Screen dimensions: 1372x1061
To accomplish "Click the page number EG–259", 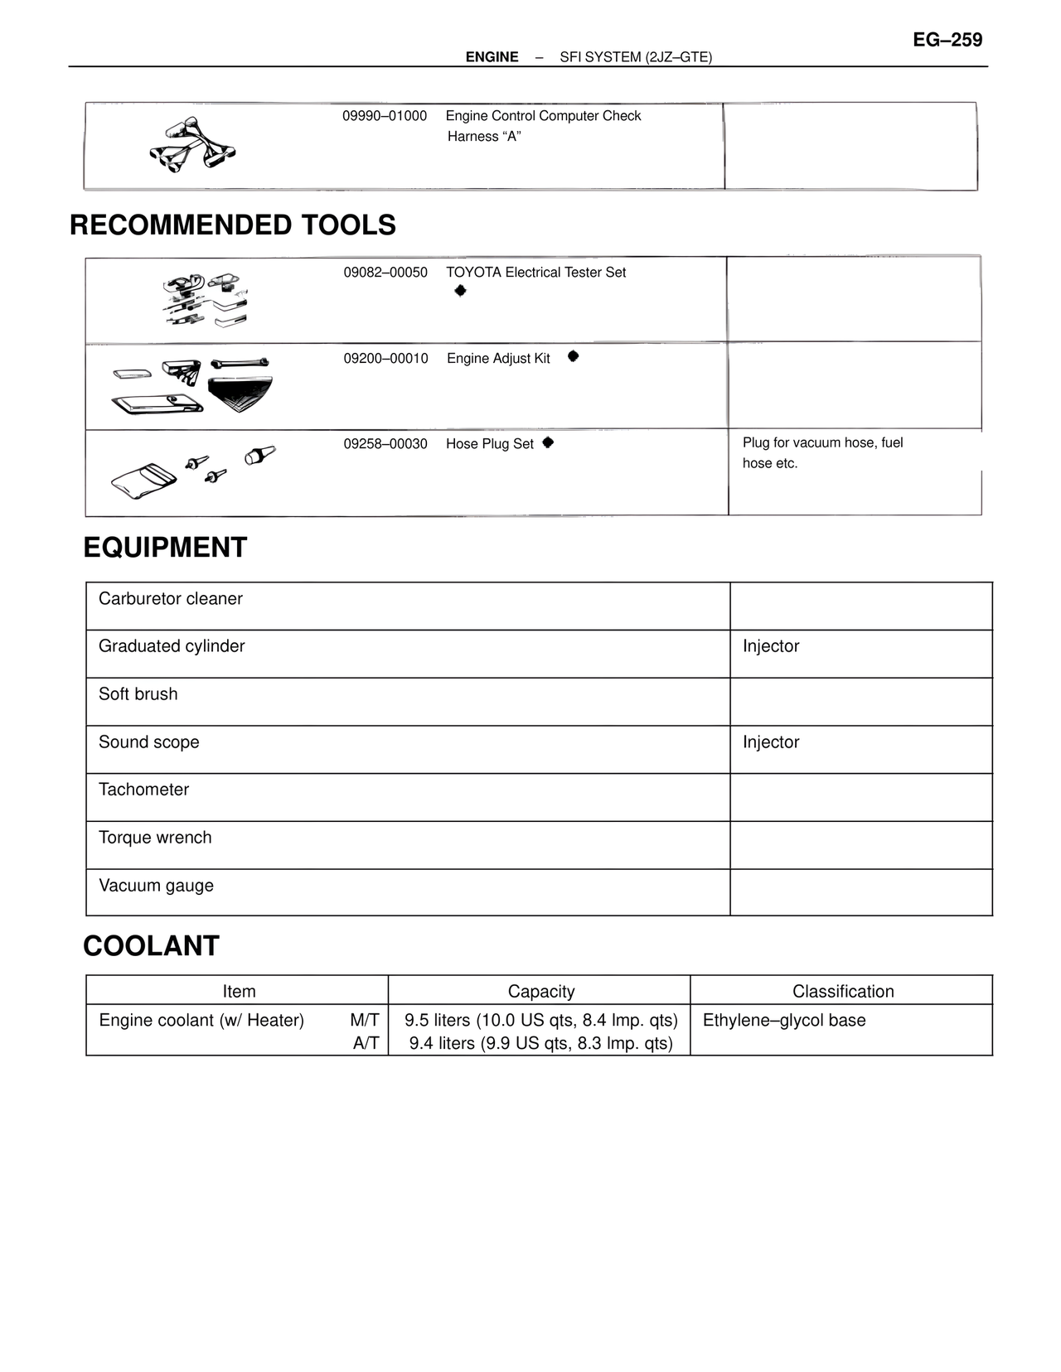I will [x=947, y=40].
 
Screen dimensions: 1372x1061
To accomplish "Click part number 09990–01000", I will [x=385, y=116].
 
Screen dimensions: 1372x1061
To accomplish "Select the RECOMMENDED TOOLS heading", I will [x=233, y=225].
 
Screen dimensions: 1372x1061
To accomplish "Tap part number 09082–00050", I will [x=385, y=273].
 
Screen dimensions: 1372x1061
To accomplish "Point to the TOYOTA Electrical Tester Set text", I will [x=535, y=273].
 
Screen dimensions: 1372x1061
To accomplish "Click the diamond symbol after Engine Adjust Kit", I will [x=573, y=356].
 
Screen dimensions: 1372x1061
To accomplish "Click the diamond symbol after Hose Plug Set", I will [x=548, y=442].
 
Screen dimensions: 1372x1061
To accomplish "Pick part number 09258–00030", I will [x=385, y=444].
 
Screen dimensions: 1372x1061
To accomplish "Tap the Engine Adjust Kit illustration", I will [x=192, y=386].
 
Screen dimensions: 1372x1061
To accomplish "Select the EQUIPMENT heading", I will [x=165, y=548].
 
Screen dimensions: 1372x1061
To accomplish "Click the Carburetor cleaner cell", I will [x=171, y=599].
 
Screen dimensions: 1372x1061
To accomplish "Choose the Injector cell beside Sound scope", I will [x=771, y=742].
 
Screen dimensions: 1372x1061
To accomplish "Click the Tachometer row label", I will [x=143, y=790].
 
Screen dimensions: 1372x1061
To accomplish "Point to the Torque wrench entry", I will [x=155, y=838].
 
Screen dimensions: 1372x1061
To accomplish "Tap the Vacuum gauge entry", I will [x=156, y=886].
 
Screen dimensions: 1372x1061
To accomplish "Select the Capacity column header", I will [x=540, y=992].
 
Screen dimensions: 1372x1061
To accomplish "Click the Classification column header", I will [x=843, y=992].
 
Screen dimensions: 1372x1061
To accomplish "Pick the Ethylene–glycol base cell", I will [x=784, y=1021].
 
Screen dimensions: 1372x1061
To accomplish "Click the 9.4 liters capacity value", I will [x=540, y=1044].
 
